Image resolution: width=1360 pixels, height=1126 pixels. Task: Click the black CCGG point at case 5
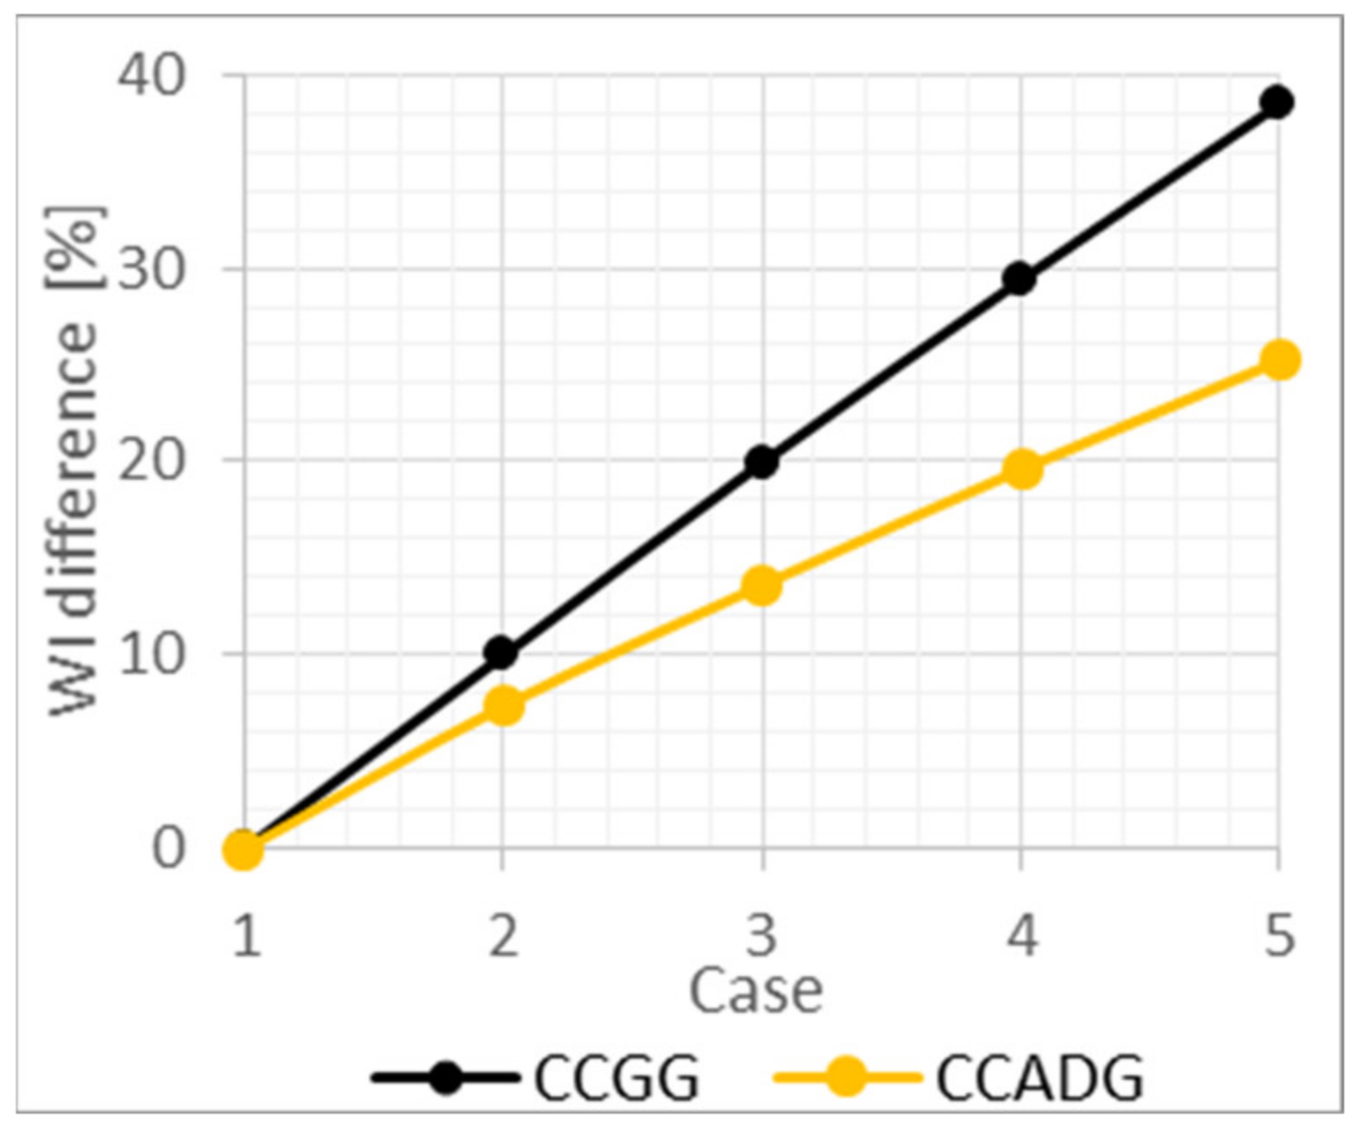[x=1276, y=102]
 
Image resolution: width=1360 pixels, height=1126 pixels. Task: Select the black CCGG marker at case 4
[x=1019, y=279]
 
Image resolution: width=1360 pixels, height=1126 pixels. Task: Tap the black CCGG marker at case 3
[x=761, y=462]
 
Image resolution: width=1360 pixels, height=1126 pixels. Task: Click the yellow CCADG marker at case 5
[x=1280, y=359]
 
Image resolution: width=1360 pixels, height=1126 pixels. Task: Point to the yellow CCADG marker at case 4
[x=1022, y=469]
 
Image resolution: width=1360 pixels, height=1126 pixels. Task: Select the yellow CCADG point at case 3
[x=762, y=586]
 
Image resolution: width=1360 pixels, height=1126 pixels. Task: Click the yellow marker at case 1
[x=244, y=849]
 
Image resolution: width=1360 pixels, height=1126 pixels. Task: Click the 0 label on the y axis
[x=168, y=848]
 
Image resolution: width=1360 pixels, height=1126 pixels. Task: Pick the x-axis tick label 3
[x=761, y=935]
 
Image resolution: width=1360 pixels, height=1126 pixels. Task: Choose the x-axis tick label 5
[x=1278, y=935]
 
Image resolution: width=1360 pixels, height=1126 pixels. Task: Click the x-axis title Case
[x=755, y=990]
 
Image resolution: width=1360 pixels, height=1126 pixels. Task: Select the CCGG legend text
[x=616, y=1077]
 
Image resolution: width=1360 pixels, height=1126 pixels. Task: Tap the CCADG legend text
[x=1039, y=1077]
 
